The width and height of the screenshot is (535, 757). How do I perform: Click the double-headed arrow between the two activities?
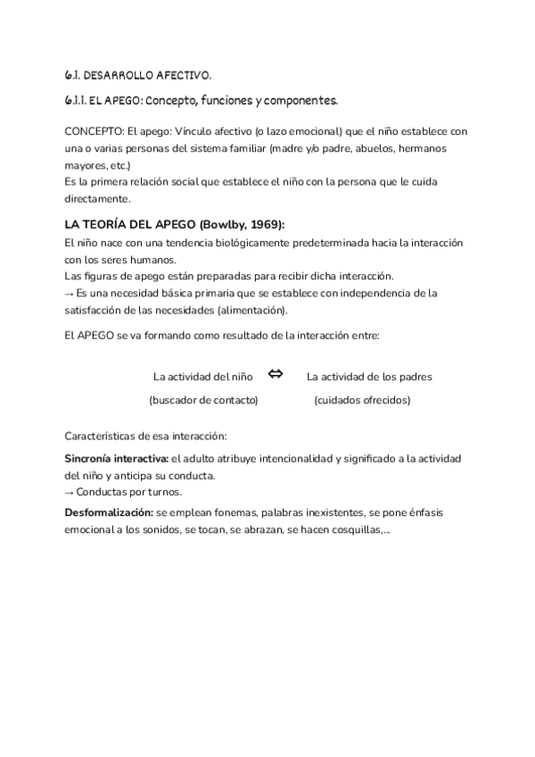click(276, 375)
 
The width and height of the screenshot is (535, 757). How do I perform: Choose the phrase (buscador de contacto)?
click(203, 401)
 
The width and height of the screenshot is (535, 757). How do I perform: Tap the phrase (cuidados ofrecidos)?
click(362, 401)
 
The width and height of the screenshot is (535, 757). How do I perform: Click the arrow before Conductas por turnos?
click(70, 492)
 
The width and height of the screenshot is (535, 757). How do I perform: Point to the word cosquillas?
click(356, 529)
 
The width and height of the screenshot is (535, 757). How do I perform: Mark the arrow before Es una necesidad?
click(70, 293)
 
